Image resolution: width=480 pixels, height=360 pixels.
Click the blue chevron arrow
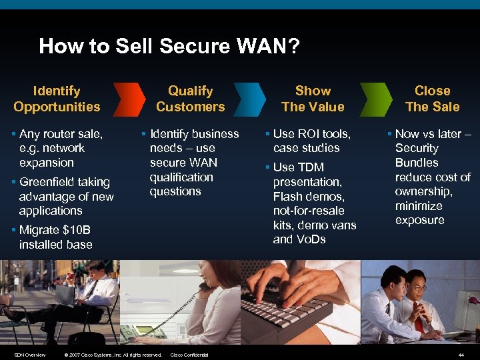click(252, 99)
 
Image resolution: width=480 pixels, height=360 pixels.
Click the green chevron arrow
click(373, 99)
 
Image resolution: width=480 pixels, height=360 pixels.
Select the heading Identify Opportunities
click(57, 99)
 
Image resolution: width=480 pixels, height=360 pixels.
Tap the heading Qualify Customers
click(191, 99)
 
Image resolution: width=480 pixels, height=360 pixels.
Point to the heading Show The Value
click(313, 99)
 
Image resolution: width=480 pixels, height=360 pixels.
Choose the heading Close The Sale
click(433, 99)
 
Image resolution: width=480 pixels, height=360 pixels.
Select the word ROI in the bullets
click(311, 134)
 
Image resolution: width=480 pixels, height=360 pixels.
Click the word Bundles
click(417, 163)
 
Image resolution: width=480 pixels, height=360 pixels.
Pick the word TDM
click(311, 167)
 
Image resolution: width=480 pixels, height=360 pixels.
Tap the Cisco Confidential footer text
click(189, 355)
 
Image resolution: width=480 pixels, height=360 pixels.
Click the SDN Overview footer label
click(30, 355)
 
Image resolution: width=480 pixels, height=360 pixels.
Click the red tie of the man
click(418, 317)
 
